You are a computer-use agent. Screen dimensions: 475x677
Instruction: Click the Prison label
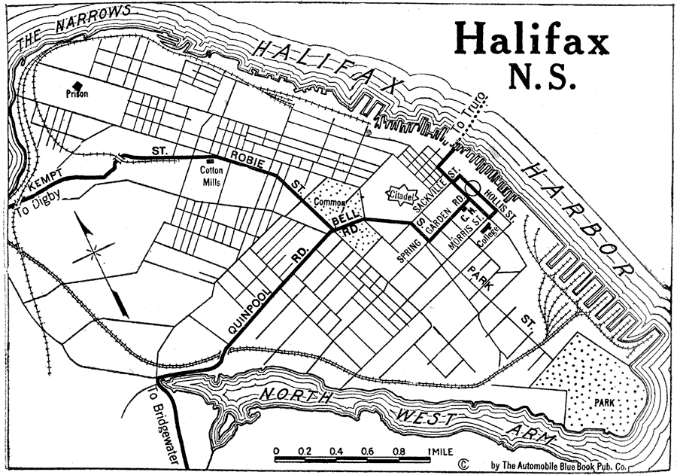tap(77, 94)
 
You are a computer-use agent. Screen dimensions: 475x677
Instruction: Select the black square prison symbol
tap(77, 84)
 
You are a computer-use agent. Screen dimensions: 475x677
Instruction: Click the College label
tap(490, 239)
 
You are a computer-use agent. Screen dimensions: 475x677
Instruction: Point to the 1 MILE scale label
tap(439, 452)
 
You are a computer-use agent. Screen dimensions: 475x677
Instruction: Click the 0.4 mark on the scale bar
tap(337, 452)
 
